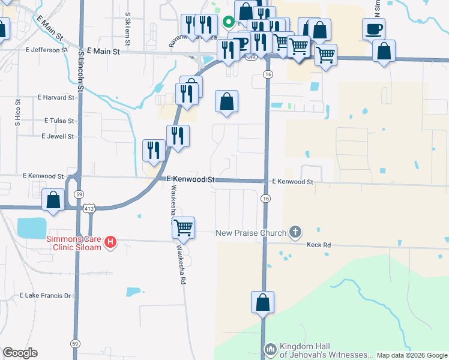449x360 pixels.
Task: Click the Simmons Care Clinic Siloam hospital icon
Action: (110, 242)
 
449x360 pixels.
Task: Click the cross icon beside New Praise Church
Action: (295, 232)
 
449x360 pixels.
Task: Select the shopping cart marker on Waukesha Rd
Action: (183, 228)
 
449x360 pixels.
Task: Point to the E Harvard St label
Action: (56, 97)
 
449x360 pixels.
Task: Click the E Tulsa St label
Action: (59, 121)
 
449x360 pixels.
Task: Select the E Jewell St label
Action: (57, 136)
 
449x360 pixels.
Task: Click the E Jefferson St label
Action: (46, 50)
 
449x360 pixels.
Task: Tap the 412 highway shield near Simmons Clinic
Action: (89, 208)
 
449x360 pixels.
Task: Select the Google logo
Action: (20, 353)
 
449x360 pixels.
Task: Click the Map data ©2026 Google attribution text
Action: (411, 355)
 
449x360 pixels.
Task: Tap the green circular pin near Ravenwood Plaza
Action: (228, 23)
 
